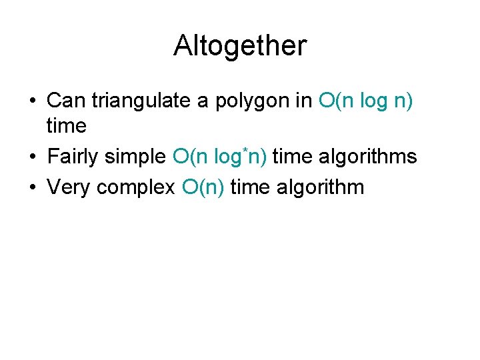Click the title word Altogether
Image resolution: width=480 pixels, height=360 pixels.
[x=240, y=45]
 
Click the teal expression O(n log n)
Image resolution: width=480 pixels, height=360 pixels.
[x=366, y=101]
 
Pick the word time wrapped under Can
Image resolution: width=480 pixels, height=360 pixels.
[x=67, y=125]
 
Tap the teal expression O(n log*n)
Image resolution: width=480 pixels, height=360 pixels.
[x=220, y=157]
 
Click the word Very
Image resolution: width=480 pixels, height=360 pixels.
[x=69, y=187]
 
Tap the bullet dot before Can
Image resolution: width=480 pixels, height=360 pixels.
[x=32, y=102]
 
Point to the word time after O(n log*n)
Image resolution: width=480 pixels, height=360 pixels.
[x=293, y=157]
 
